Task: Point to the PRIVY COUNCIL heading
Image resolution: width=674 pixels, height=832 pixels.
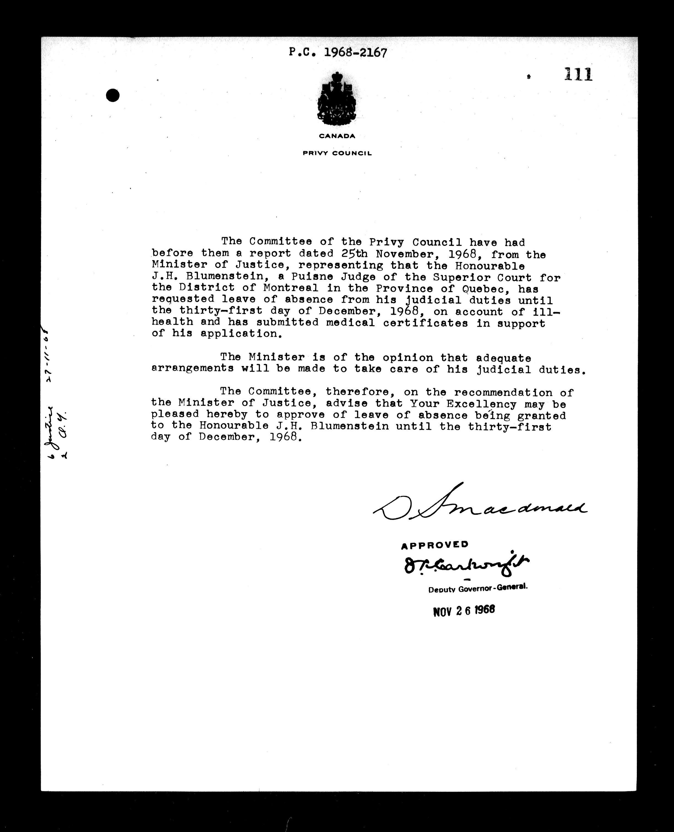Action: point(337,153)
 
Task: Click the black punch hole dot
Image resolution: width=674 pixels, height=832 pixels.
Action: point(113,95)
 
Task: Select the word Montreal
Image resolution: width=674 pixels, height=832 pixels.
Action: point(290,288)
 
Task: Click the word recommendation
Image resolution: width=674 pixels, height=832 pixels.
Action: point(503,393)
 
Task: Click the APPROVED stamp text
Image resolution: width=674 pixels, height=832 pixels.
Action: point(434,545)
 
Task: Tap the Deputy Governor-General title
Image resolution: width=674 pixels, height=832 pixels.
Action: point(477,589)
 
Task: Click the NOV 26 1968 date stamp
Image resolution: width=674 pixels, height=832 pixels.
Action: point(464,611)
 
